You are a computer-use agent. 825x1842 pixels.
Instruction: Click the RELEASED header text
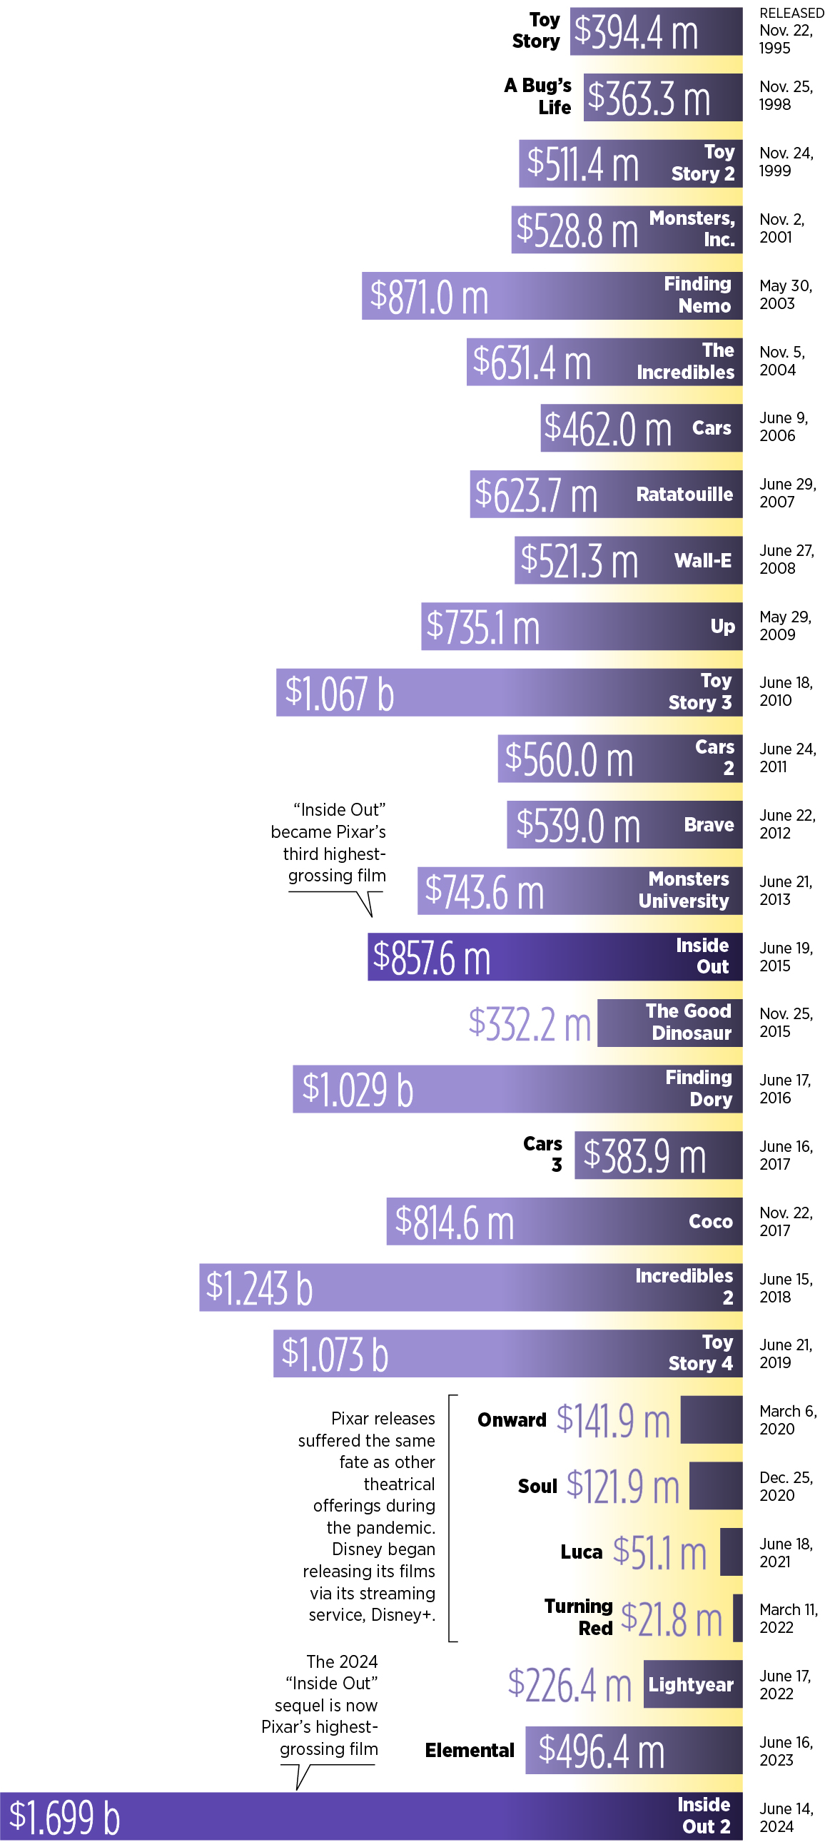point(791,13)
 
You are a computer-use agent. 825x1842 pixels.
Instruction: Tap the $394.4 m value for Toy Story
point(636,32)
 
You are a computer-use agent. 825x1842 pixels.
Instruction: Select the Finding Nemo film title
point(697,295)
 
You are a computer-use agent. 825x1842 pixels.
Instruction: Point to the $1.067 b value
point(340,693)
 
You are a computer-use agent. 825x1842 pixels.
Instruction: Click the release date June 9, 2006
point(784,427)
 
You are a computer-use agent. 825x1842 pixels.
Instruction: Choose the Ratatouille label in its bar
point(684,494)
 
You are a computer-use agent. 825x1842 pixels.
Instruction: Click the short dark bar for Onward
point(711,1420)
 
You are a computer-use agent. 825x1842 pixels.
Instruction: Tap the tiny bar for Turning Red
point(737,1617)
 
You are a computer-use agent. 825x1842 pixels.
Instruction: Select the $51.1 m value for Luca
point(659,1552)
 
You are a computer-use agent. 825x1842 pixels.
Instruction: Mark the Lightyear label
point(691,1685)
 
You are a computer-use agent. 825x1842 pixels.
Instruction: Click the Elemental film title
point(470,1751)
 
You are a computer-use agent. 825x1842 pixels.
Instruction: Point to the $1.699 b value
point(64,1817)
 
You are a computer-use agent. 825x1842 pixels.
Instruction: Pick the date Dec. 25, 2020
point(785,1486)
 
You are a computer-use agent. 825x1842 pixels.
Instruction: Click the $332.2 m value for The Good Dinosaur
point(529,1023)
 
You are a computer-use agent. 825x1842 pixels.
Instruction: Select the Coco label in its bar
point(710,1221)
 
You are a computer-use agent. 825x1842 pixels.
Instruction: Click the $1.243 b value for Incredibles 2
point(259,1287)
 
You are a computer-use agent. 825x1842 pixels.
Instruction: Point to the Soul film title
point(537,1487)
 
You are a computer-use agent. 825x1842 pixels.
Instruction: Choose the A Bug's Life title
point(537,96)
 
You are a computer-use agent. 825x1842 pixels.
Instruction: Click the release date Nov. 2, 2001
point(781,228)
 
